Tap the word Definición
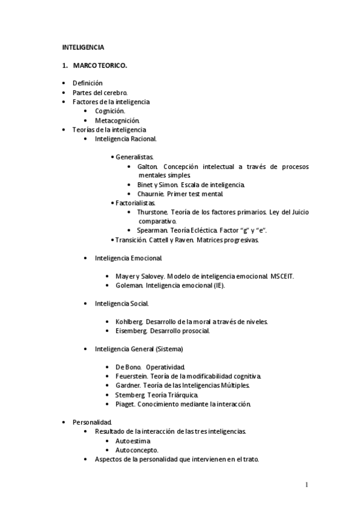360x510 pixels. (x=88, y=83)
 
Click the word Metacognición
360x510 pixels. (x=113, y=120)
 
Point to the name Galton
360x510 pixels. (x=147, y=166)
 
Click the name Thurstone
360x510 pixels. (x=152, y=212)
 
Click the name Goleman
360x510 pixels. (x=129, y=285)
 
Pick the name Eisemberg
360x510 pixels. (x=131, y=331)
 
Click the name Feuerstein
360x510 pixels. (x=132, y=376)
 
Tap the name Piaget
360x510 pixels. (x=125, y=404)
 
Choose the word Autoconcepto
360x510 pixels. (x=136, y=450)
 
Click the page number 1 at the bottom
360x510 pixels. (x=307, y=485)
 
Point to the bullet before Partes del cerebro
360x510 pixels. (x=64, y=93)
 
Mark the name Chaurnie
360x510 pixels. (x=151, y=194)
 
